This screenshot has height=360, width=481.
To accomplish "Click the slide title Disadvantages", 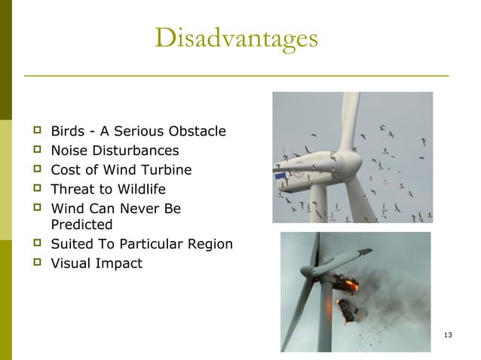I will pyautogui.click(x=236, y=38).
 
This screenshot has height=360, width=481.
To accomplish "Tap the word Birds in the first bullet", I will pyautogui.click(x=66, y=132).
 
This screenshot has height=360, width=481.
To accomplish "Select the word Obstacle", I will pyautogui.click(x=198, y=132).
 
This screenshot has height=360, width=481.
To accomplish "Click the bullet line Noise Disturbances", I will pyautogui.click(x=115, y=151).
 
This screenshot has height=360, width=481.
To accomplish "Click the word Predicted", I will pyautogui.click(x=81, y=224).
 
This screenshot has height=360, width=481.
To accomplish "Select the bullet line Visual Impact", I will pyautogui.click(x=96, y=263).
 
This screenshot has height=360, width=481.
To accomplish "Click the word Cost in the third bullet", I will pyautogui.click(x=64, y=169).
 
